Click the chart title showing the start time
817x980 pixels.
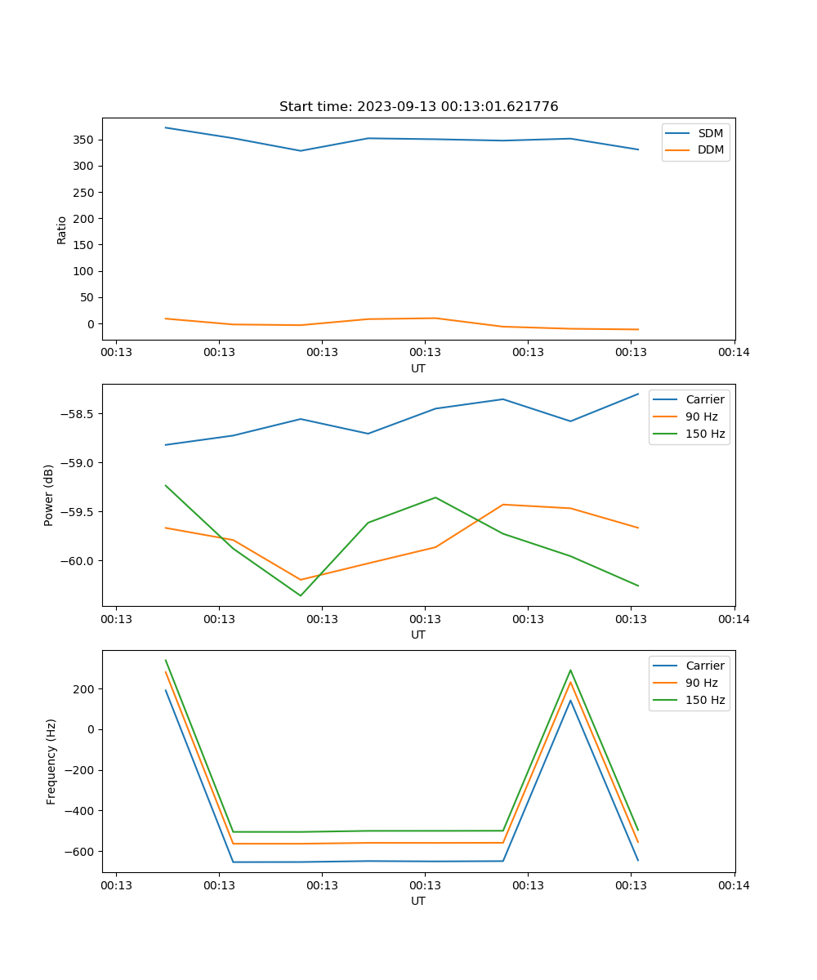(418, 107)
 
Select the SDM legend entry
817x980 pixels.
(710, 133)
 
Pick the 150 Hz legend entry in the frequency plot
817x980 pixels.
(705, 700)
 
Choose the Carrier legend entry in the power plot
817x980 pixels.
(704, 399)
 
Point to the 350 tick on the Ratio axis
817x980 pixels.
(83, 140)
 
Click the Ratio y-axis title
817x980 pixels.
(61, 229)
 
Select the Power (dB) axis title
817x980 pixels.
(49, 495)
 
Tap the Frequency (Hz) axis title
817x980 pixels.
(51, 761)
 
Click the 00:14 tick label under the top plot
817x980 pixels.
(734, 353)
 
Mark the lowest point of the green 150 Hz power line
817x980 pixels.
(300, 595)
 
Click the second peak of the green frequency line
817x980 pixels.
(570, 670)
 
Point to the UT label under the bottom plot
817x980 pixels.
(418, 901)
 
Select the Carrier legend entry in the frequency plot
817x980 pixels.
(704, 666)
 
